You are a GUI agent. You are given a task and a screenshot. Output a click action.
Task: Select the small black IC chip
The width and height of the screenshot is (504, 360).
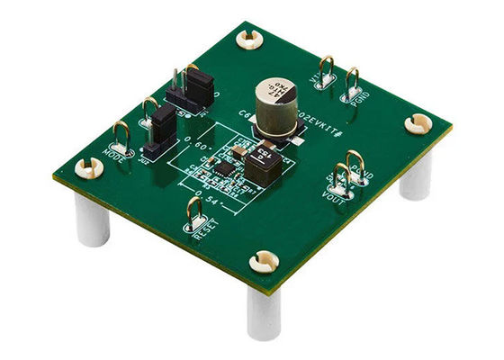click(222, 166)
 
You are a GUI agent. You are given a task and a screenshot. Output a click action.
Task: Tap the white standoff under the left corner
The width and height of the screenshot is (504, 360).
click(92, 220)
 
